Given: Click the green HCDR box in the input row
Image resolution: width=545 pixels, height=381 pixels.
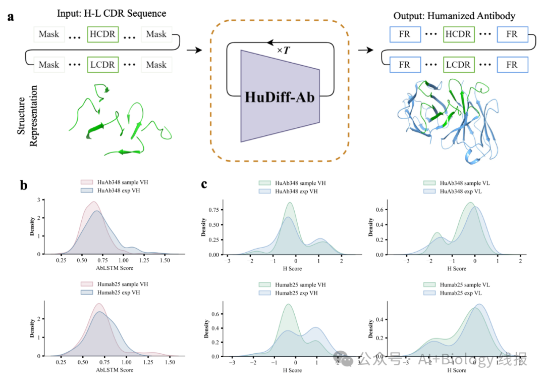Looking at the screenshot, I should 103,34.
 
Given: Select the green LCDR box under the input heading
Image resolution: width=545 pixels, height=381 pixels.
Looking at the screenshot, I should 103,65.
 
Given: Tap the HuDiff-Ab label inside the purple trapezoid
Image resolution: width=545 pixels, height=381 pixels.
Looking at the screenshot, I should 279,97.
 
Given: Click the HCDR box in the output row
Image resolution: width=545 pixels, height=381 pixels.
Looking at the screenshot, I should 458,34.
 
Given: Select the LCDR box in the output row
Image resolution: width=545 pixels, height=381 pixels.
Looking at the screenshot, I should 458,65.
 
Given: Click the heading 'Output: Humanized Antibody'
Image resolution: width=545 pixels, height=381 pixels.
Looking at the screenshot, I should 454,16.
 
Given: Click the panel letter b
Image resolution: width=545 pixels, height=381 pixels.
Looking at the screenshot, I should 23,185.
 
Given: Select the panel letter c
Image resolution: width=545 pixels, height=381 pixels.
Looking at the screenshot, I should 204,183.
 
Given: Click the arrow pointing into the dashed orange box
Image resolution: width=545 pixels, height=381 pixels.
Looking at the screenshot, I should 194,50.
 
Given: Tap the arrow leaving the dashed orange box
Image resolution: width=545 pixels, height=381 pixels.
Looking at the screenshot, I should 365,50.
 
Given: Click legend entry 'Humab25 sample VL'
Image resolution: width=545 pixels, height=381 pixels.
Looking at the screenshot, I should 465,285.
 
